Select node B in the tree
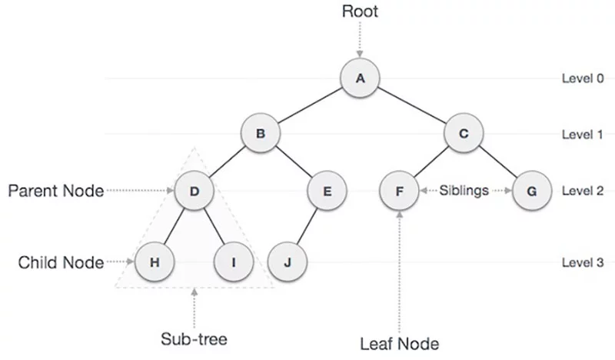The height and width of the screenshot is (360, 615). point(261,134)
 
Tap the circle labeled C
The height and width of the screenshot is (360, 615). point(464,134)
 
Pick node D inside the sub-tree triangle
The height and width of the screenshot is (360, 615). point(194,190)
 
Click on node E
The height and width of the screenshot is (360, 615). point(327,190)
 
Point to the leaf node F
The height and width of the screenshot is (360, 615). point(399,190)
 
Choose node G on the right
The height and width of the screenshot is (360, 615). point(530,190)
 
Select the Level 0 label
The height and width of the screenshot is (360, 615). point(583,78)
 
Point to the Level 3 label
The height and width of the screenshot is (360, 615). point(583,263)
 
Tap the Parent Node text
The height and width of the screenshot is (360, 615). point(55,190)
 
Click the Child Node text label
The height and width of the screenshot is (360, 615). point(61,263)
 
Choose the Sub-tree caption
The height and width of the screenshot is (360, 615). point(193,338)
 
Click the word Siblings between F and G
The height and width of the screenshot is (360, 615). point(464,190)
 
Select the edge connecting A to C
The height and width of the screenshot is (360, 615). point(412,106)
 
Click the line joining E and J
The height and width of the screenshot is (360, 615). point(307,227)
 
